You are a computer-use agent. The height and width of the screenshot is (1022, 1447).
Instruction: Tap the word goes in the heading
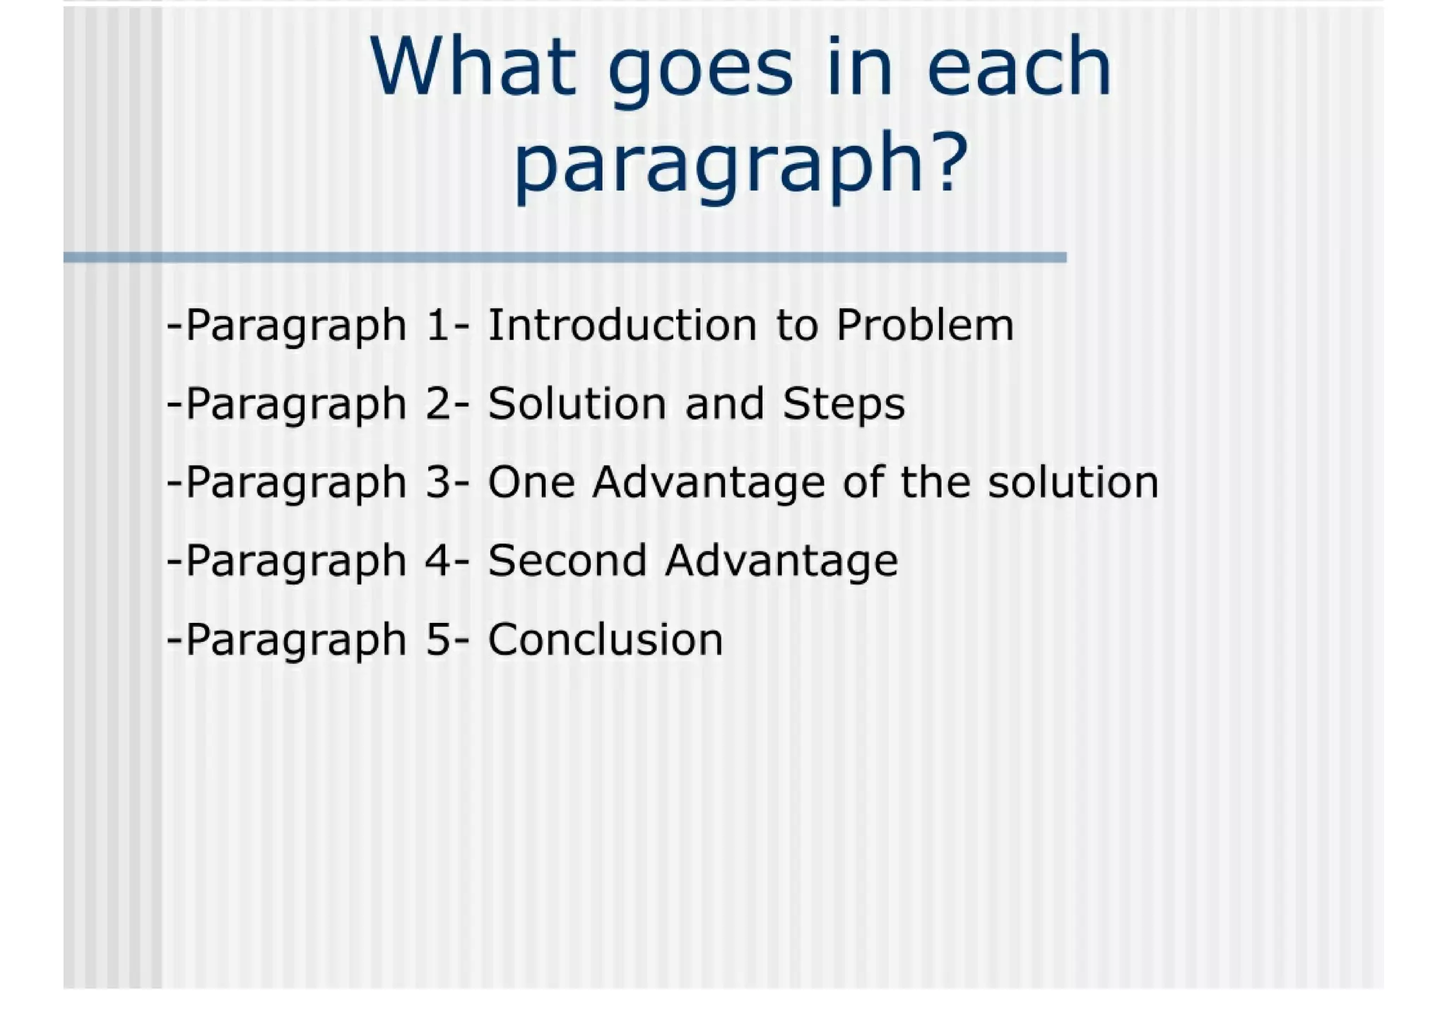click(700, 71)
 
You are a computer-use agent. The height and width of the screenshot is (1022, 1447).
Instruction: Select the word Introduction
click(622, 325)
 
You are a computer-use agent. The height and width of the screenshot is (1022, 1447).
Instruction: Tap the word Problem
click(925, 325)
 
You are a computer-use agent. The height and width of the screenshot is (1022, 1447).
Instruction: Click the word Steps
click(844, 405)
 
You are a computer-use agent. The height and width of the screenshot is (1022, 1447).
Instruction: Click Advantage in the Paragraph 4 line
click(781, 562)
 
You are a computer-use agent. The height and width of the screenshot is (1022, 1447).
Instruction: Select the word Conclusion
click(606, 639)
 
